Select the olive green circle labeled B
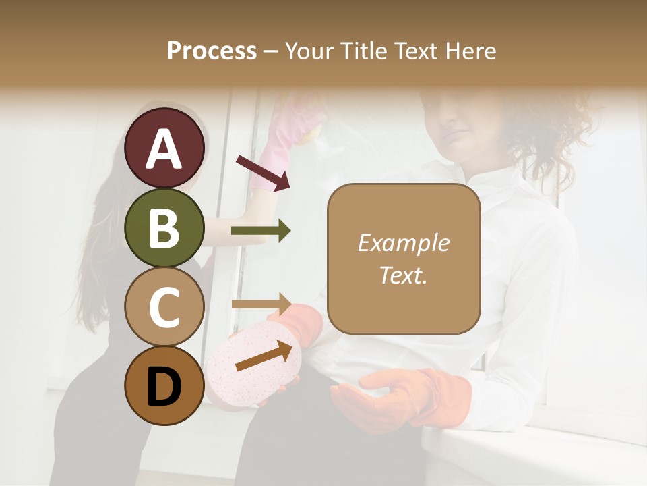pos(164,227)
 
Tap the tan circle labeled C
pos(164,306)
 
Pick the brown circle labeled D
pos(164,385)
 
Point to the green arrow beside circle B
pos(261,231)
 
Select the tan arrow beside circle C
pos(261,302)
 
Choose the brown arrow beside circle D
pos(264,355)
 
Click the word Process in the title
pos(212,51)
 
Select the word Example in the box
pos(403,243)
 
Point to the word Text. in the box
pos(403,275)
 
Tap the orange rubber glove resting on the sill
pos(404,398)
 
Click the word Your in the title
pos(307,51)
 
